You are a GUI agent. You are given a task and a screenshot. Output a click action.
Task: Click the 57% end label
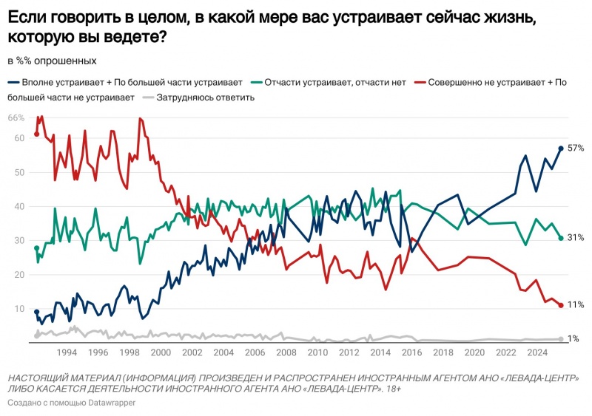(576, 149)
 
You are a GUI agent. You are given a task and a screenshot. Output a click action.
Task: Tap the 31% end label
(576, 238)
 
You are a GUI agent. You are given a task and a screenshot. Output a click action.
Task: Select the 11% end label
(576, 304)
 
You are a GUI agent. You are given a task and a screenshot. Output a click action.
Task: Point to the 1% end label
(573, 338)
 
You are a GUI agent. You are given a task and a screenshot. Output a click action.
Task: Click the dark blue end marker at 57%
(561, 149)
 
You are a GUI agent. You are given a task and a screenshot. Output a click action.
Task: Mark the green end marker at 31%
(561, 238)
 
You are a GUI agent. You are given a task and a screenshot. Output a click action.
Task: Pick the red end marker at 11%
(561, 305)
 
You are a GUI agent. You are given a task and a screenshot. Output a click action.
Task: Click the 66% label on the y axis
(16, 118)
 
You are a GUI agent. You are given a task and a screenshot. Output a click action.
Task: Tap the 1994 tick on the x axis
(67, 352)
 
